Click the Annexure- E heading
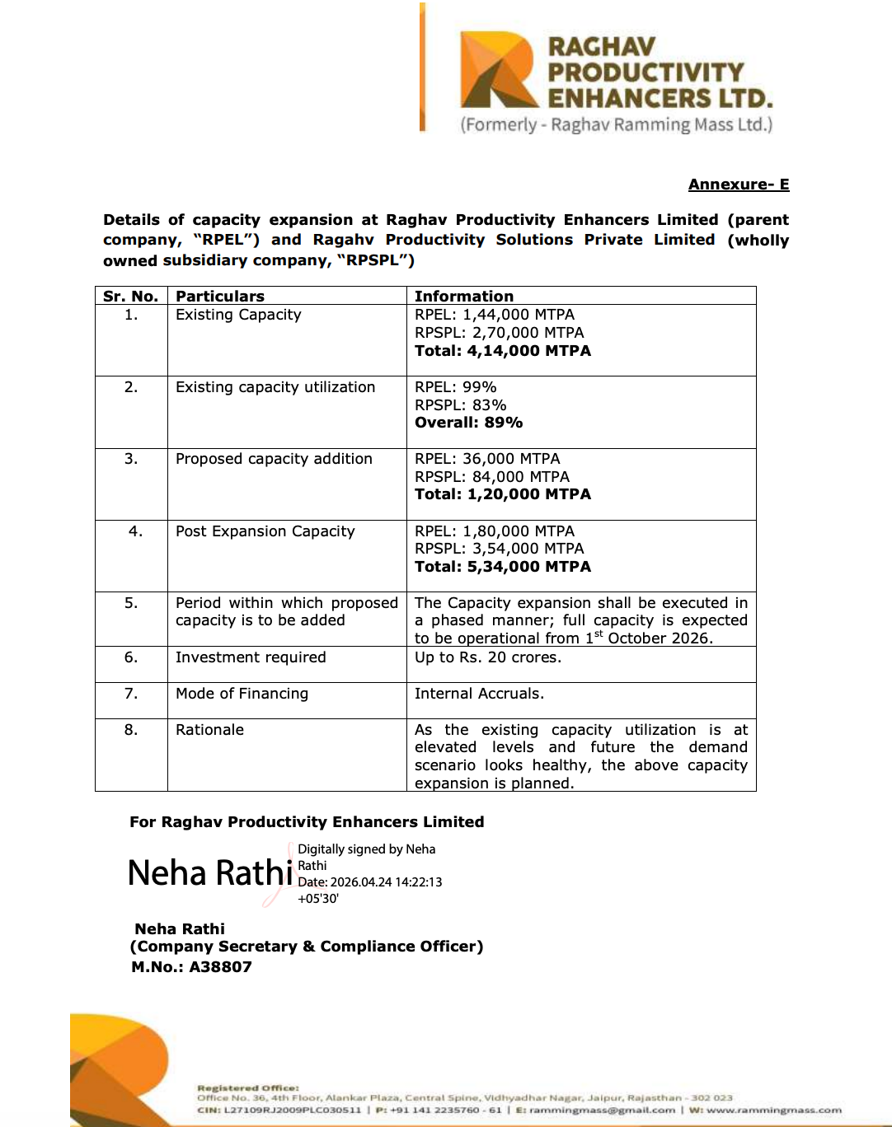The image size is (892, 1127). (x=739, y=185)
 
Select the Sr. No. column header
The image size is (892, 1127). (x=130, y=297)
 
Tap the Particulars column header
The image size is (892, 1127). (x=220, y=297)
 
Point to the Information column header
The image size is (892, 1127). (x=464, y=297)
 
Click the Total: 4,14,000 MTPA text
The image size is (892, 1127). (x=503, y=351)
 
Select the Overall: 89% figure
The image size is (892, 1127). (x=468, y=423)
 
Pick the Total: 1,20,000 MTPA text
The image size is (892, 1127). (x=503, y=494)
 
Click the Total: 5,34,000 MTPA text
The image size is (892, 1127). (x=503, y=567)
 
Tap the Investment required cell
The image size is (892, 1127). (x=251, y=657)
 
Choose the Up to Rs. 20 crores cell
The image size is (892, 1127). (x=488, y=657)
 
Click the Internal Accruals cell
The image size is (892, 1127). (x=479, y=694)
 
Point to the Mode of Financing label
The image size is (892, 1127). (x=242, y=694)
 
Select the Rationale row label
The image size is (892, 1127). (x=209, y=730)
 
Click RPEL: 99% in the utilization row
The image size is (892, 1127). (x=455, y=387)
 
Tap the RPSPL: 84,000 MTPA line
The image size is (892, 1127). (x=492, y=477)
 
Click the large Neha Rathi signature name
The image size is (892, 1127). (x=210, y=873)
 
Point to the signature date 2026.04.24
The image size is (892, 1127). (x=369, y=882)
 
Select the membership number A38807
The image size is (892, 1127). (x=220, y=967)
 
